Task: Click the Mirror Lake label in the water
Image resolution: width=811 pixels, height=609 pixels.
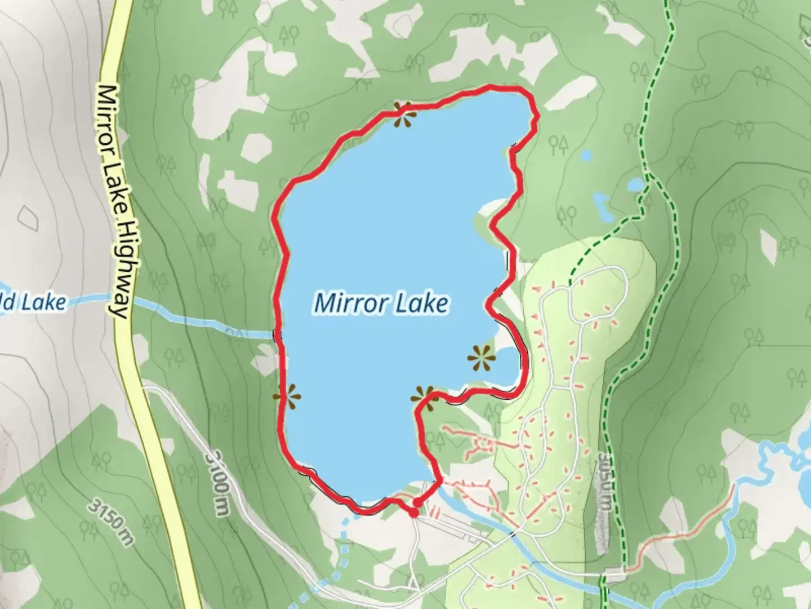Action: click(381, 303)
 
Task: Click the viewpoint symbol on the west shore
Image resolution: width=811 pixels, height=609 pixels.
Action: click(287, 396)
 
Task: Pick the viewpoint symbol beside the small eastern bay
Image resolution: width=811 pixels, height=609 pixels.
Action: click(481, 358)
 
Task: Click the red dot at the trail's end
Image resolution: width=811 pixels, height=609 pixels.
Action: click(414, 513)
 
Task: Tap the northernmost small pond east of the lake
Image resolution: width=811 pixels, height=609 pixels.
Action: click(587, 155)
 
